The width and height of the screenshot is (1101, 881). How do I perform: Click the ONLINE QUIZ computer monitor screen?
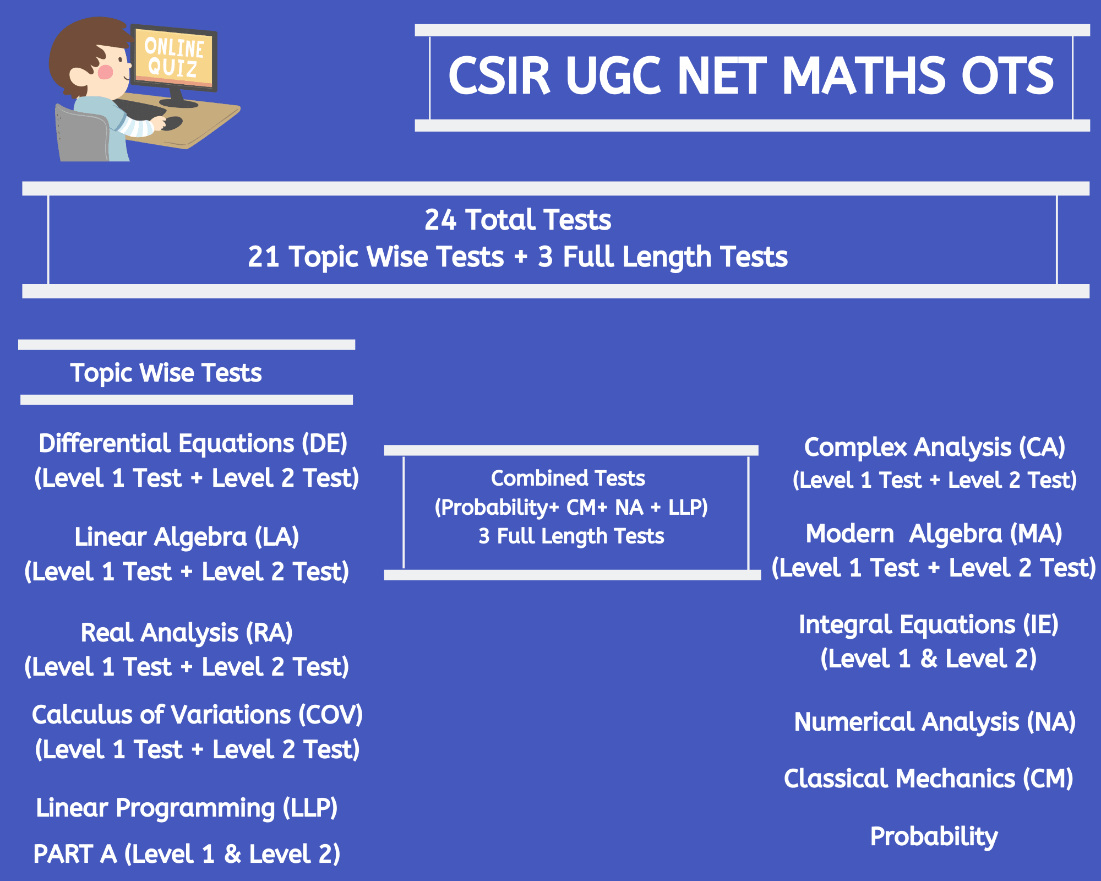[x=175, y=57]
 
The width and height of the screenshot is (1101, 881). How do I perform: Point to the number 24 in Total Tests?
[x=440, y=220]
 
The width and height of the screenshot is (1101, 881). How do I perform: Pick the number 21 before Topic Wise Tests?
[x=264, y=257]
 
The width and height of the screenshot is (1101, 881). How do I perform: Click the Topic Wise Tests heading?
[x=166, y=373]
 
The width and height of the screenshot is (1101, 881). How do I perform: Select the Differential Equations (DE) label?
[x=193, y=444]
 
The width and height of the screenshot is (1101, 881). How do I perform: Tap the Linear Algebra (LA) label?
[x=187, y=537]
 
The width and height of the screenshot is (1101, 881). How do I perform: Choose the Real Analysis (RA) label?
[x=187, y=633]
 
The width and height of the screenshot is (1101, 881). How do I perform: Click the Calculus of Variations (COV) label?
[x=197, y=715]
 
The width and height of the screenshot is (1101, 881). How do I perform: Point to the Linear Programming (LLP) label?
[x=187, y=808]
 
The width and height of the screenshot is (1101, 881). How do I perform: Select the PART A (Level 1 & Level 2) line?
[x=187, y=855]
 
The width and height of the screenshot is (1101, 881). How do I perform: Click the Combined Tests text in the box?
[x=568, y=478]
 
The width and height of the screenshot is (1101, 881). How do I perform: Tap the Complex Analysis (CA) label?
[x=935, y=447]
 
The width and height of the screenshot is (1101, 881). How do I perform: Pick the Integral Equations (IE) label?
[x=929, y=625]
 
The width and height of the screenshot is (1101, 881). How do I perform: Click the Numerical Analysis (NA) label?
[x=935, y=722]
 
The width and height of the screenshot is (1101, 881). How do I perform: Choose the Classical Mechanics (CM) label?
[x=929, y=779]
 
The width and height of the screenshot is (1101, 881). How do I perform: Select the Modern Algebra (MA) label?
[x=934, y=534]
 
